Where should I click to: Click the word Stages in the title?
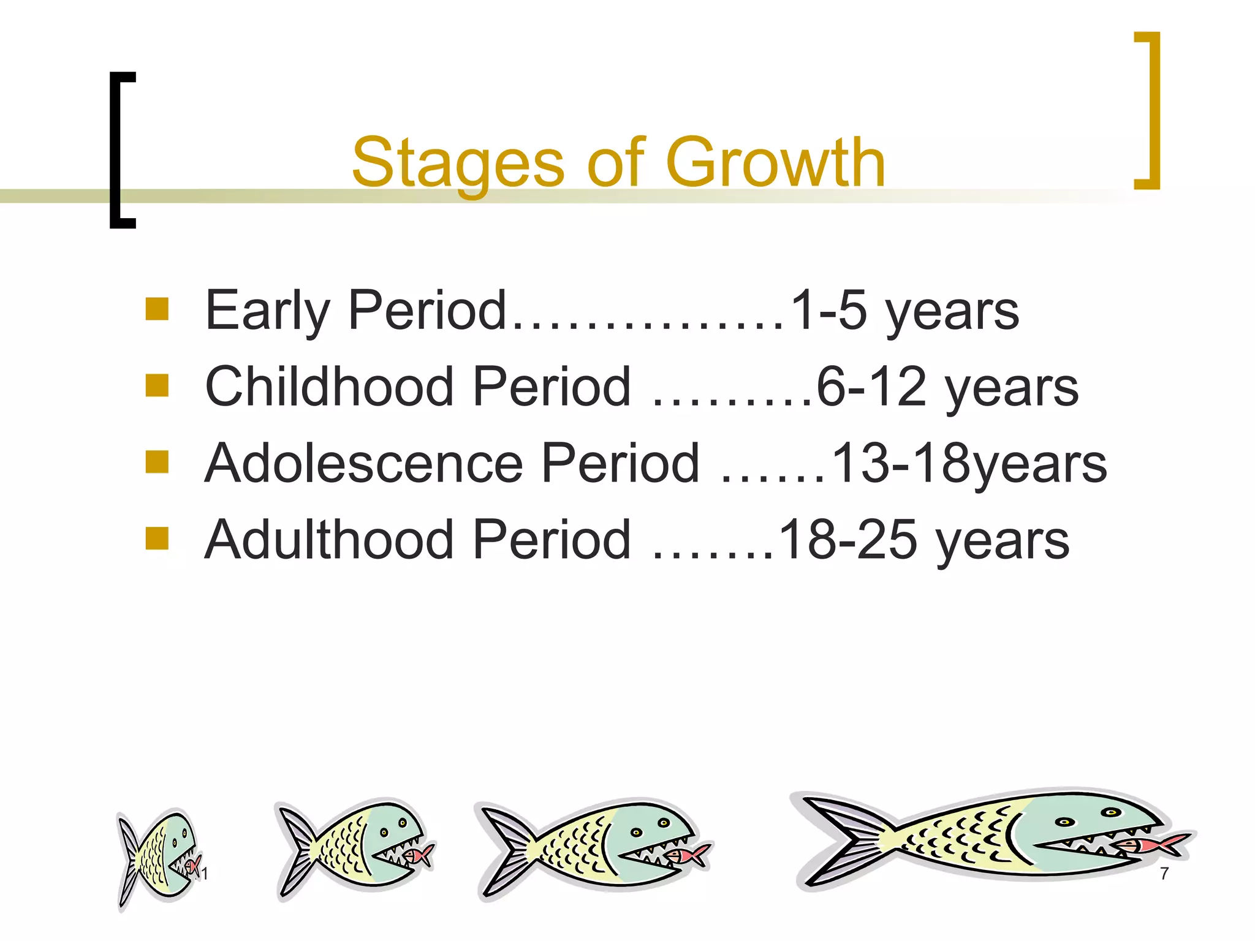[457, 163]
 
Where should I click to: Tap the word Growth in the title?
[775, 162]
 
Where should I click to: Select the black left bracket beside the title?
[121, 150]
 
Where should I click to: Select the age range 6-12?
[871, 387]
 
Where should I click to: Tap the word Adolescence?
[364, 463]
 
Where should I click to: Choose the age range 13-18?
[901, 463]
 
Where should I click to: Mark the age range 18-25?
[846, 540]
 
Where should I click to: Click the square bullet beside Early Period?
[157, 309]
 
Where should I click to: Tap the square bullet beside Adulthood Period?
[157, 539]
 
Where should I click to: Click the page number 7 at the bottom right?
[1164, 874]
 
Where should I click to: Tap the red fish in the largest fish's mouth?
[1152, 844]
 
